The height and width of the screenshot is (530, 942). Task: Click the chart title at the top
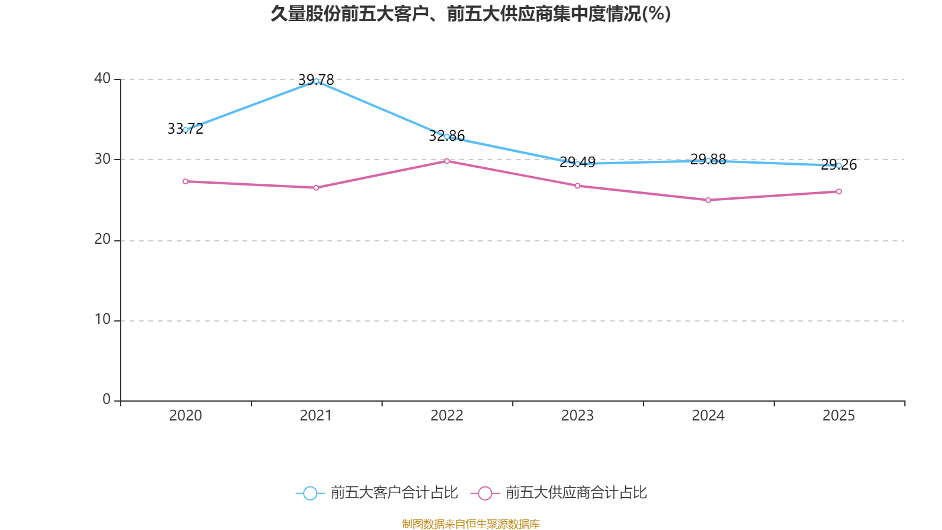[470, 14]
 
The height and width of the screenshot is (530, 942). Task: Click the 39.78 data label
[316, 79]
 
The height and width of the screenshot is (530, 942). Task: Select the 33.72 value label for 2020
[185, 129]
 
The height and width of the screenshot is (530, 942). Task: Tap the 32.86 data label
[447, 136]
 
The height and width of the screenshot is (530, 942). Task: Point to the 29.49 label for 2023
[578, 162]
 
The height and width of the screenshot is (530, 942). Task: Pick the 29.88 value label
[708, 160]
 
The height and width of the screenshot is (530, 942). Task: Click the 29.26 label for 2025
[839, 164]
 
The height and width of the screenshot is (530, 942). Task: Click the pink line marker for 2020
[185, 181]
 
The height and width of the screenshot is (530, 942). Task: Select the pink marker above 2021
[316, 188]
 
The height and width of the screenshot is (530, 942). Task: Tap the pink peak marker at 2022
[447, 161]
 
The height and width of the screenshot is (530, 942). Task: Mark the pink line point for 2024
[708, 200]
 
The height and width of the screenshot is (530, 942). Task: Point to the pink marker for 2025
[839, 191]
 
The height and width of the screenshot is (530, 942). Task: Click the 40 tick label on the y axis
[102, 79]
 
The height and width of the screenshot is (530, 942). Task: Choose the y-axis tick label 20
[102, 239]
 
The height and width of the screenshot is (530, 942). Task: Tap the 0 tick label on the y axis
[107, 400]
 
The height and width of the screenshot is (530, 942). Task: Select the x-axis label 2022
[447, 416]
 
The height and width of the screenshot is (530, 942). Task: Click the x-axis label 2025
[839, 416]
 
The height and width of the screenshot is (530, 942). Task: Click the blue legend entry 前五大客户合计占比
[377, 492]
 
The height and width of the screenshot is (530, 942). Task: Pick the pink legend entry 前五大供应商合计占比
[559, 492]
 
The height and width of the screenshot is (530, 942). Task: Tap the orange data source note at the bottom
[470, 524]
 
